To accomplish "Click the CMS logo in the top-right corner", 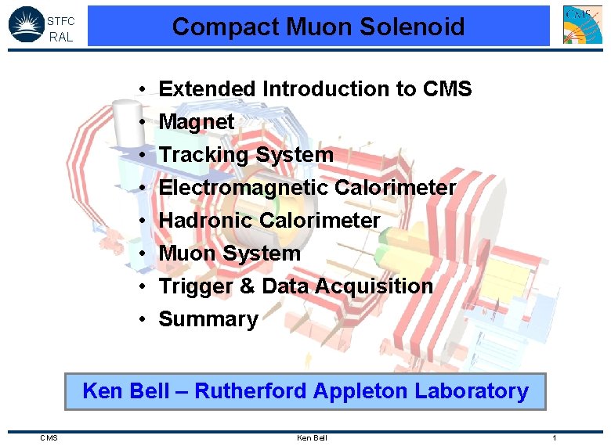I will coord(583,24).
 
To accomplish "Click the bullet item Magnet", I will coord(197,122).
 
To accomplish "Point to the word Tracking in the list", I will coord(198,155).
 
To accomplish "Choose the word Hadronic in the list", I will coord(206,221).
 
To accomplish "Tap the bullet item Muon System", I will coord(230,254).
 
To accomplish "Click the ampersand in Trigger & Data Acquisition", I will coord(248,286).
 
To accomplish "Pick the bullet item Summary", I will coord(208,319).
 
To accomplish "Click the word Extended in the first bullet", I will coord(208,89).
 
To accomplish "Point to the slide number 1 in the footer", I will coord(554,437).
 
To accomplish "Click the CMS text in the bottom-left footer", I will coord(49,437).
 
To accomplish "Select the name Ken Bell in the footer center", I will coord(312,437).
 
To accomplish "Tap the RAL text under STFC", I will coord(60,37).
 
